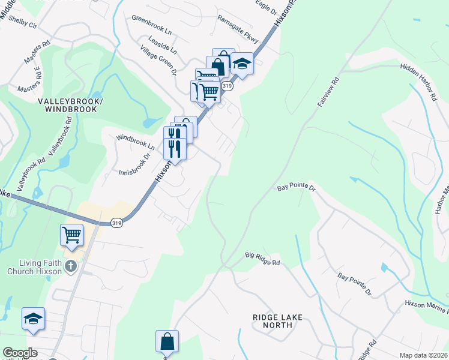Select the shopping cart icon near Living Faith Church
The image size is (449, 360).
click(71, 235)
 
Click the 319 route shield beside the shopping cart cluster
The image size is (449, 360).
click(227, 86)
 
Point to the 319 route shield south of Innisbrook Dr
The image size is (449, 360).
click(117, 223)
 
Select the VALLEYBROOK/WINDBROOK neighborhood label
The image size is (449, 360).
click(71, 106)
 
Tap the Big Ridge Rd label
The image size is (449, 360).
click(262, 259)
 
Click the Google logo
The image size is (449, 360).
click(20, 353)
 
